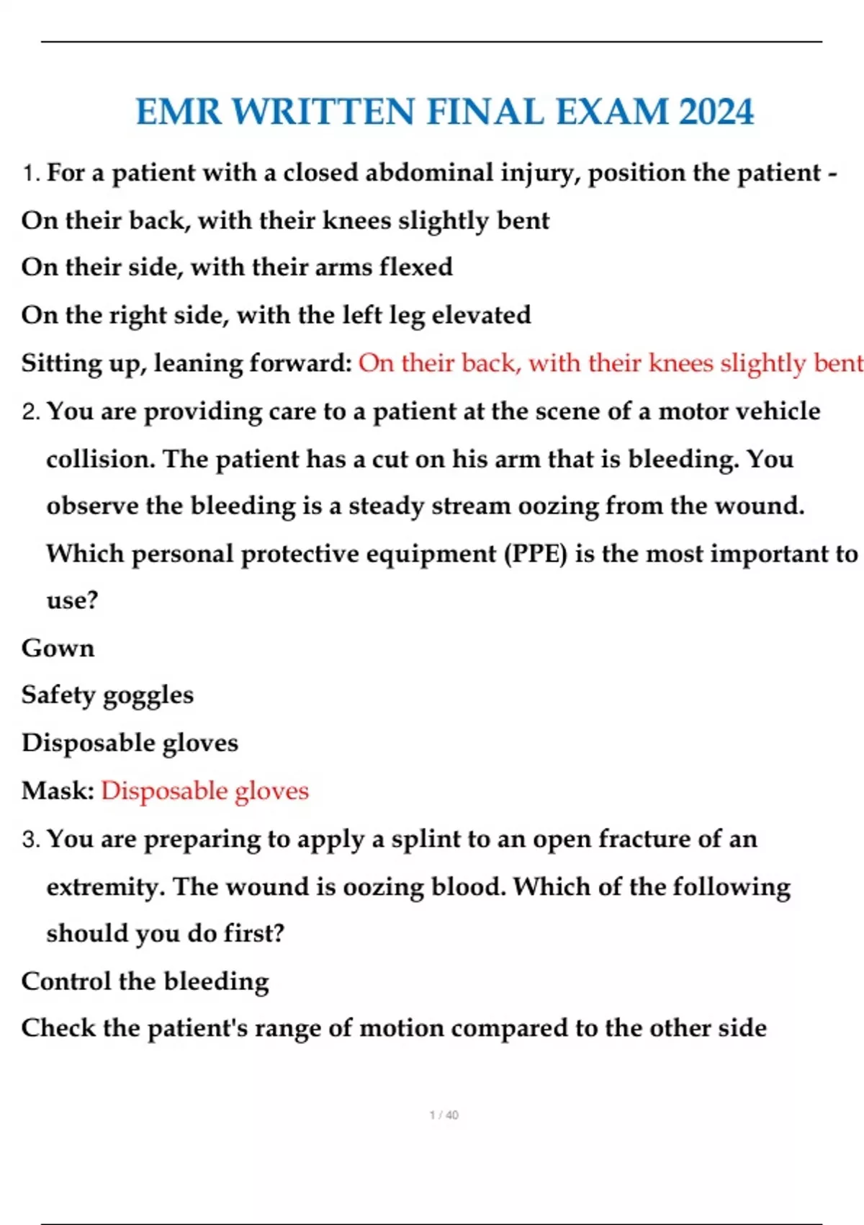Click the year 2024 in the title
(716, 112)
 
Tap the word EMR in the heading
(178, 112)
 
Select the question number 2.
(30, 412)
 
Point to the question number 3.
(30, 839)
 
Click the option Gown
(58, 648)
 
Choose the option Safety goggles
(107, 695)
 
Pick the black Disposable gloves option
(130, 743)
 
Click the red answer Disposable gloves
(204, 791)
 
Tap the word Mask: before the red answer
(58, 791)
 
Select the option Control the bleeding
(145, 981)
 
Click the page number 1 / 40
(444, 1115)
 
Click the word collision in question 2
(99, 459)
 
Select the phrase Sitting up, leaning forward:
(186, 363)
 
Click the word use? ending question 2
(72, 600)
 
